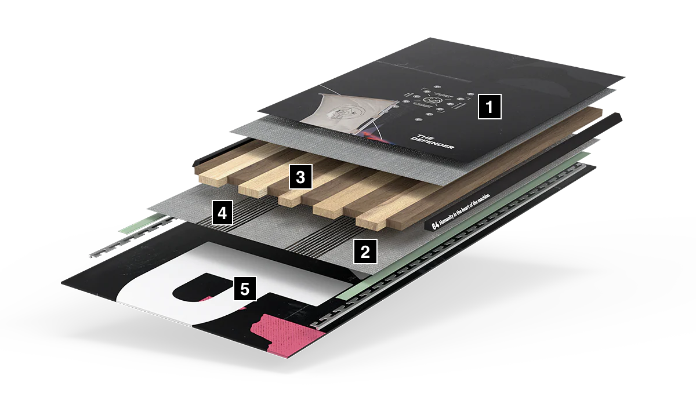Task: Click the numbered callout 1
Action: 489,107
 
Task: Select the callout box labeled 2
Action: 365,252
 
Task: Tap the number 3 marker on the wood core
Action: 300,177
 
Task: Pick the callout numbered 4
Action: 223,213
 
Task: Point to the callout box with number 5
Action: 245,288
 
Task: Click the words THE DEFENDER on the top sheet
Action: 432,141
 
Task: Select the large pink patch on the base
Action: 284,336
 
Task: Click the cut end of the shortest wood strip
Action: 287,199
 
